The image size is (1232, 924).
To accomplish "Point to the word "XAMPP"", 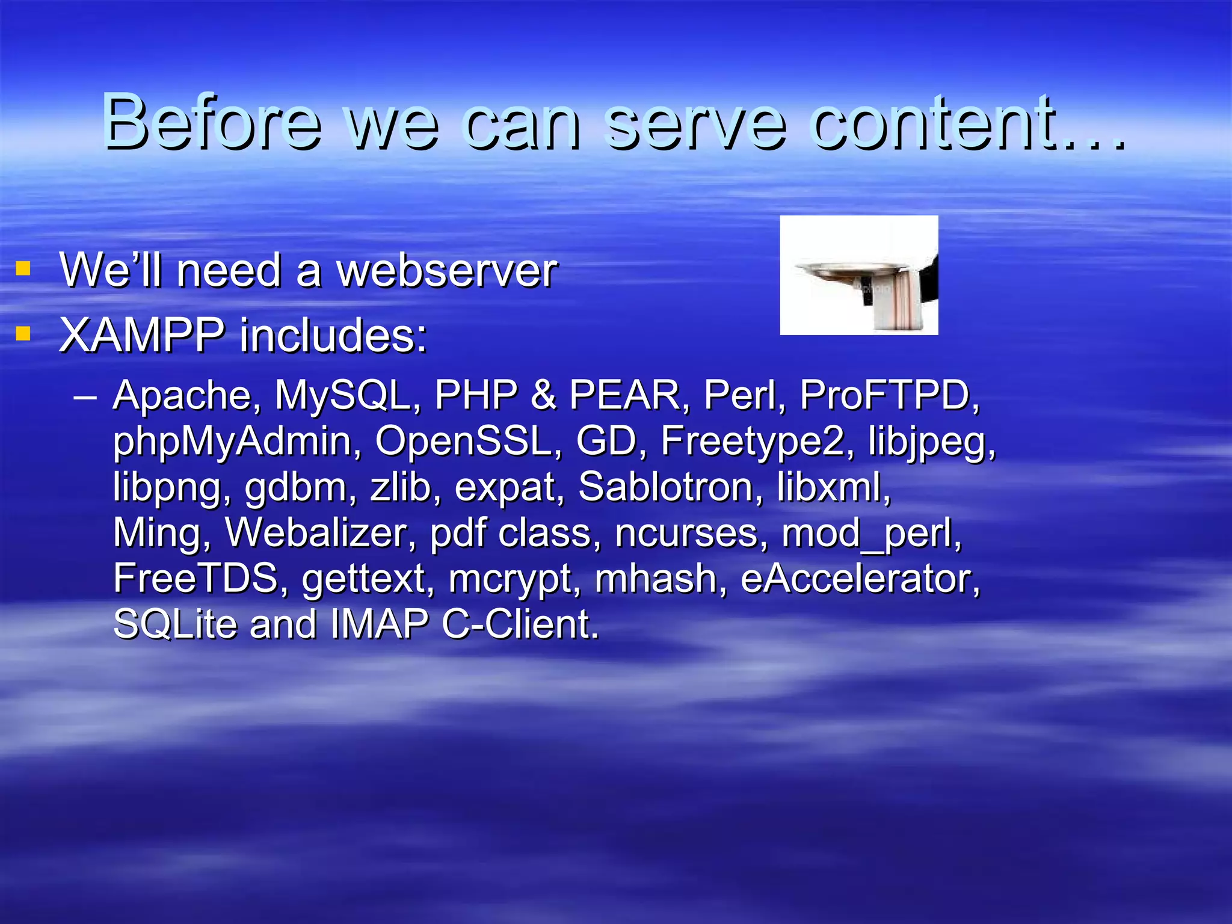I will pos(142,335).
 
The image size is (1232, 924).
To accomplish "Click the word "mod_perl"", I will pos(871,534).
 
